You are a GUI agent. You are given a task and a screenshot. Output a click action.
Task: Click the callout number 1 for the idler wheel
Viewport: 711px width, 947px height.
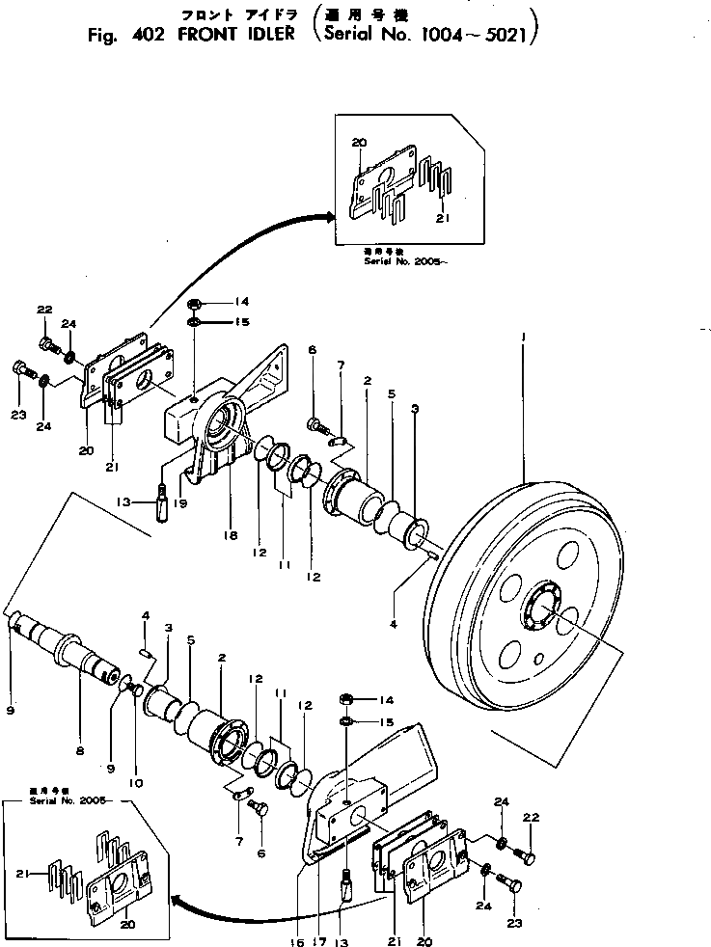(x=523, y=337)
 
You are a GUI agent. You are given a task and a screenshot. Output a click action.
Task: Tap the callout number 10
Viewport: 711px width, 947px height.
(x=135, y=782)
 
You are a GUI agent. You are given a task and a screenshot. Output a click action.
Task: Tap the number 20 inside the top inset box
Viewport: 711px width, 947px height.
(x=359, y=143)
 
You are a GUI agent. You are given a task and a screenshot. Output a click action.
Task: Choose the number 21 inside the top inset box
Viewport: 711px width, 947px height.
(x=442, y=218)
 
